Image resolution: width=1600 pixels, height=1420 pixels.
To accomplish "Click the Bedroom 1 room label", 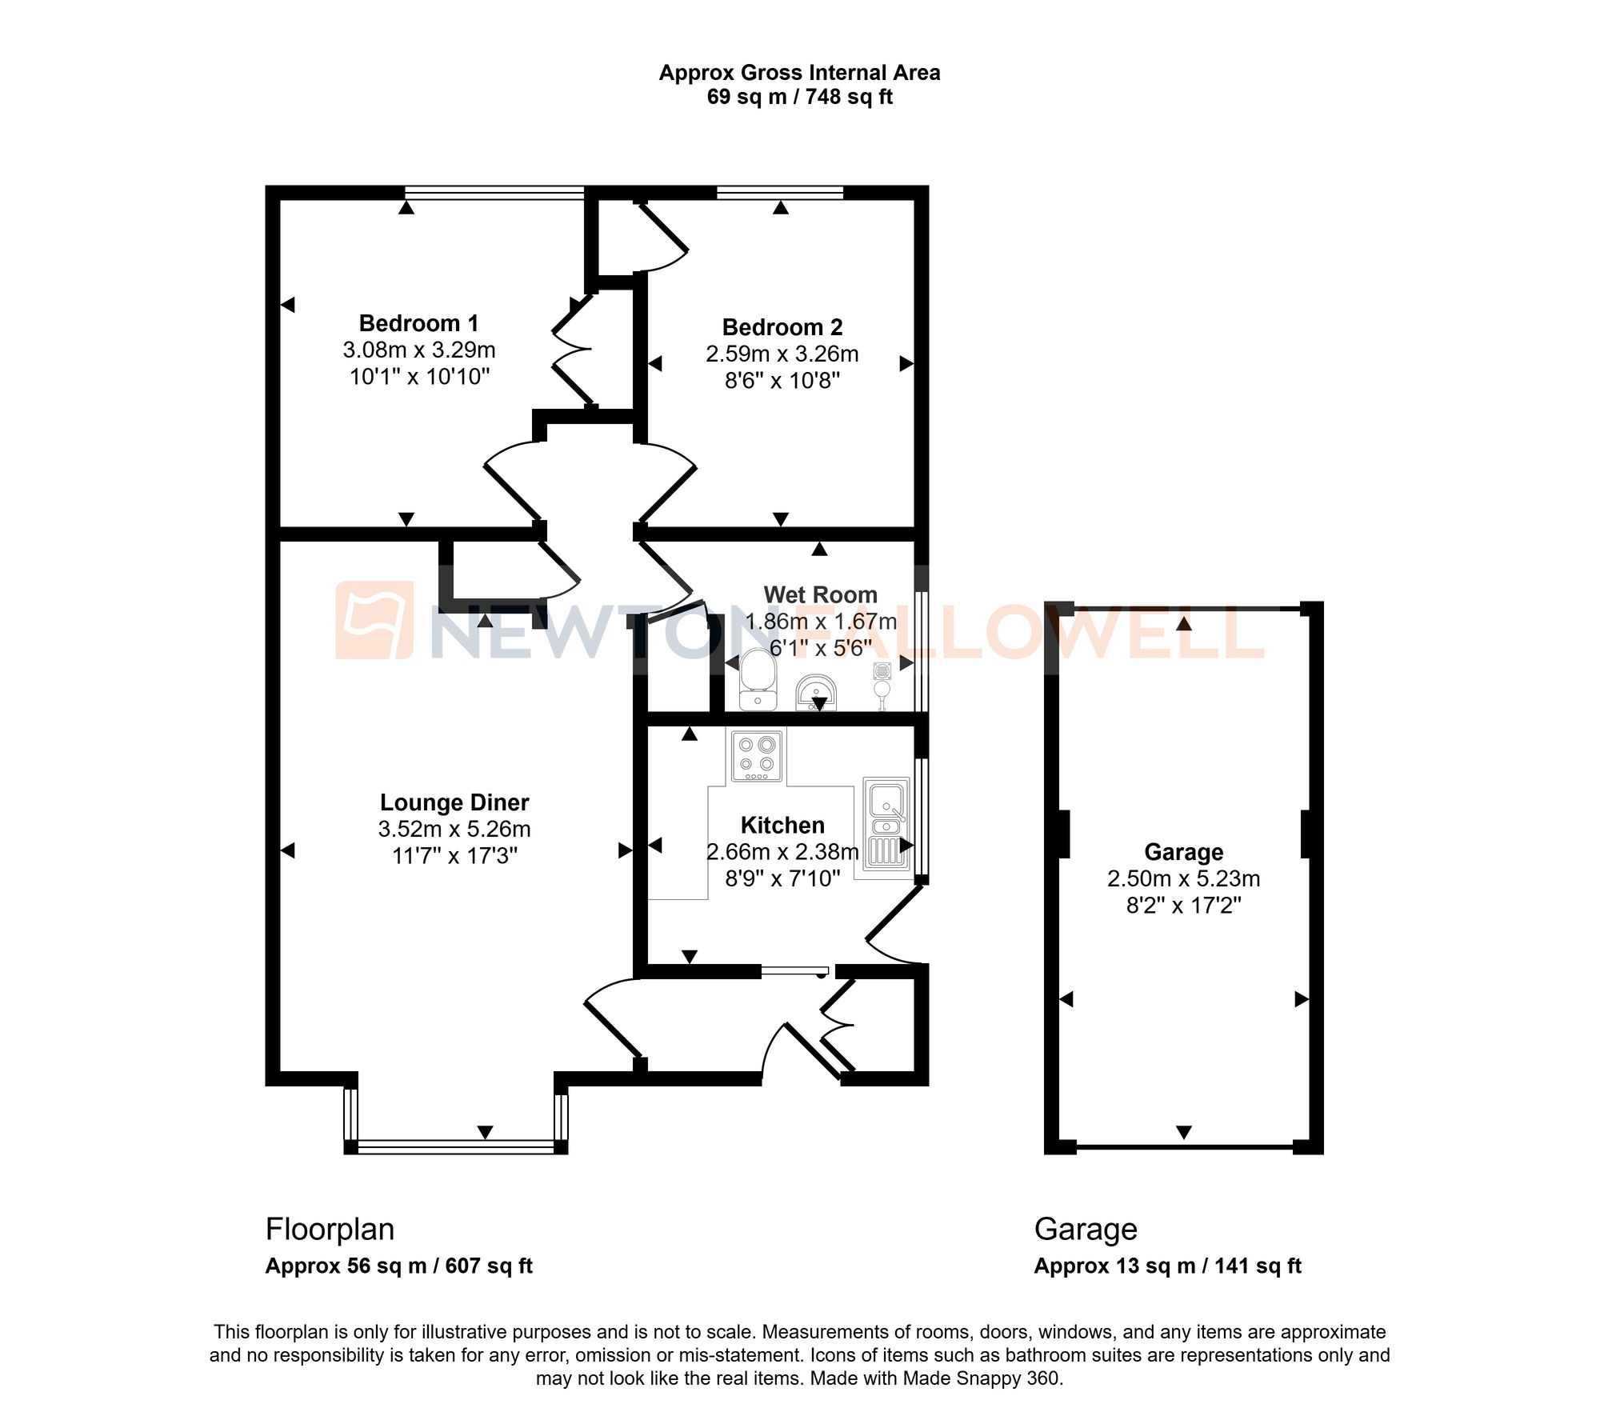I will [418, 323].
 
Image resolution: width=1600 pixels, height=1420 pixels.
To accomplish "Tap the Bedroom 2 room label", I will [782, 327].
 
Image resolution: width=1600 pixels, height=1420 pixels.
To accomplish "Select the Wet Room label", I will [820, 594].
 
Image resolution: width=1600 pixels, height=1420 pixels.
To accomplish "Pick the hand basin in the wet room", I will [816, 692].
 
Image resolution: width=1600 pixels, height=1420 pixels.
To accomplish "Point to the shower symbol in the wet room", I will [882, 685].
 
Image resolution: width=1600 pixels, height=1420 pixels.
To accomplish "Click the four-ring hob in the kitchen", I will [756, 755].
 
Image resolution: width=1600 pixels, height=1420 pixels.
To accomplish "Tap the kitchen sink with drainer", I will [886, 824].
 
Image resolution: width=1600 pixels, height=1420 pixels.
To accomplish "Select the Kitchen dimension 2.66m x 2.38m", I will [782, 852].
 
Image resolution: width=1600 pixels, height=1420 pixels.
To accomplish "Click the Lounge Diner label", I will [454, 802].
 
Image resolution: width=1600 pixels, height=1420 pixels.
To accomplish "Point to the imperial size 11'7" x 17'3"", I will [454, 856].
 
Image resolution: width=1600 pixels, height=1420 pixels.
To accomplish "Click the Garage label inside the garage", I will [1183, 852].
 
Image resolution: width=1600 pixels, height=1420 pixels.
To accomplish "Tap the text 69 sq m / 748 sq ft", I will [799, 97].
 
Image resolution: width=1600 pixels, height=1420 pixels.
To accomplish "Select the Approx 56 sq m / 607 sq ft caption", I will [398, 1266].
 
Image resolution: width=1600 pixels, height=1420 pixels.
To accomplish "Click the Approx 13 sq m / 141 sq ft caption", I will [1167, 1266].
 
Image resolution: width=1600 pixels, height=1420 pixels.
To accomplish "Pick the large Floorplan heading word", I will [330, 1229].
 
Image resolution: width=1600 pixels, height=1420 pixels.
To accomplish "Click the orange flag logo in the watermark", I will [374, 620].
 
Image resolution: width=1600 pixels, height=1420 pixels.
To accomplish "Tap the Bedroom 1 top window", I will [494, 192].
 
